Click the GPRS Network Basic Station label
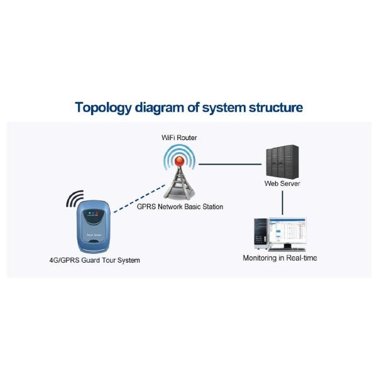coord(180,207)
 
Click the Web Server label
coord(282,183)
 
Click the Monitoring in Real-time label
coord(280,258)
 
